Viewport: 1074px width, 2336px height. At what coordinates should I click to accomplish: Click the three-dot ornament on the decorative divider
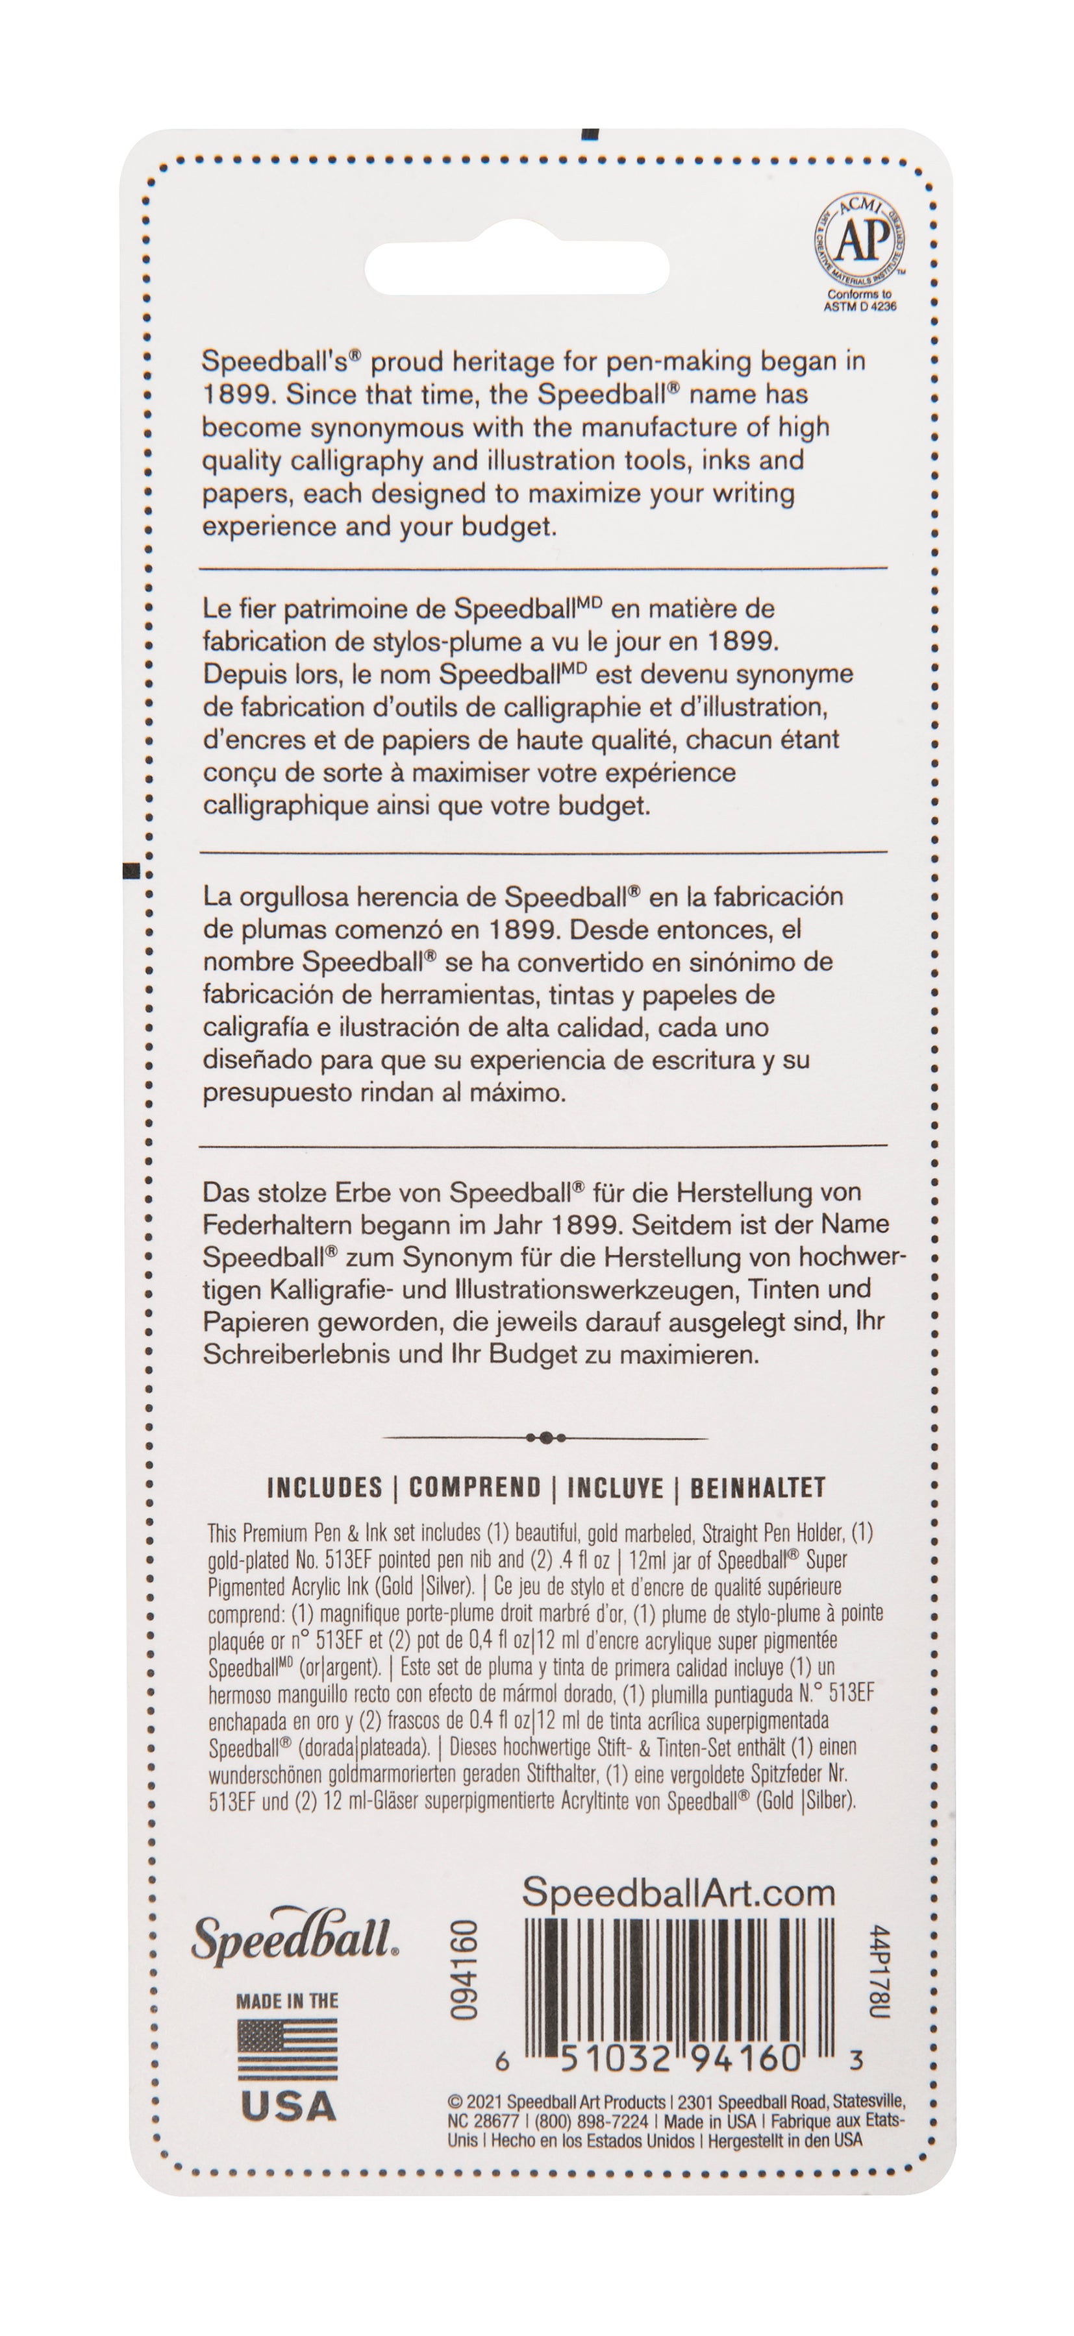click(545, 1437)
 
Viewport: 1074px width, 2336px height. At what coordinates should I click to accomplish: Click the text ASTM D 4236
click(859, 306)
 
